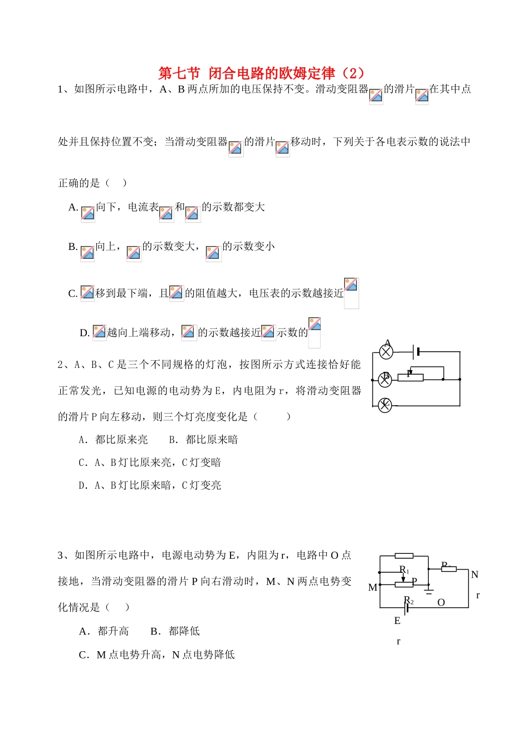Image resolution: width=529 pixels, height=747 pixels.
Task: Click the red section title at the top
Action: [261, 73]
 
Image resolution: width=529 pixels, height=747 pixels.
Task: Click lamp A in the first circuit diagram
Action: [386, 352]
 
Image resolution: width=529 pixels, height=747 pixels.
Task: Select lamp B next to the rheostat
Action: [385, 380]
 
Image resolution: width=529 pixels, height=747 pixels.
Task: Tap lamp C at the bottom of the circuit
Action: [385, 405]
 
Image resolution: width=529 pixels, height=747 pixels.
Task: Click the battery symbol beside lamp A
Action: [415, 352]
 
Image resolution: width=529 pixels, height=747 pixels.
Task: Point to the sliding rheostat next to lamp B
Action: [410, 378]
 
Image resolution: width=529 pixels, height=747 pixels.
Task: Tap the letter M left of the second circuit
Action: [373, 587]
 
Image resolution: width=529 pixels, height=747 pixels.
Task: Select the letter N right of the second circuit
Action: [474, 574]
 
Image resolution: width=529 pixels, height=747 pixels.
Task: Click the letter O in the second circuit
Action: [441, 602]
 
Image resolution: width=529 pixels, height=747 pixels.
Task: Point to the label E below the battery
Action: [397, 621]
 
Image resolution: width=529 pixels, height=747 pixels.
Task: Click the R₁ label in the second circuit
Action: [404, 570]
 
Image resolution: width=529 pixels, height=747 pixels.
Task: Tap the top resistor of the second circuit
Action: [404, 556]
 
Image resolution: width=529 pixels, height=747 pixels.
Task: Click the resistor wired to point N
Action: [449, 569]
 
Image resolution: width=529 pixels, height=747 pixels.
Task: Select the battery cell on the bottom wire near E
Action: [408, 607]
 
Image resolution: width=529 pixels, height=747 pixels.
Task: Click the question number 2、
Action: [65, 365]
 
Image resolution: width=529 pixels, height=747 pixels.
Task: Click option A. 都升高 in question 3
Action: [104, 631]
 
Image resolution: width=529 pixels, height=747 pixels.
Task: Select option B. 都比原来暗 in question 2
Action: [203, 440]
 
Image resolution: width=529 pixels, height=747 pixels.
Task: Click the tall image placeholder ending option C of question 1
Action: [351, 293]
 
